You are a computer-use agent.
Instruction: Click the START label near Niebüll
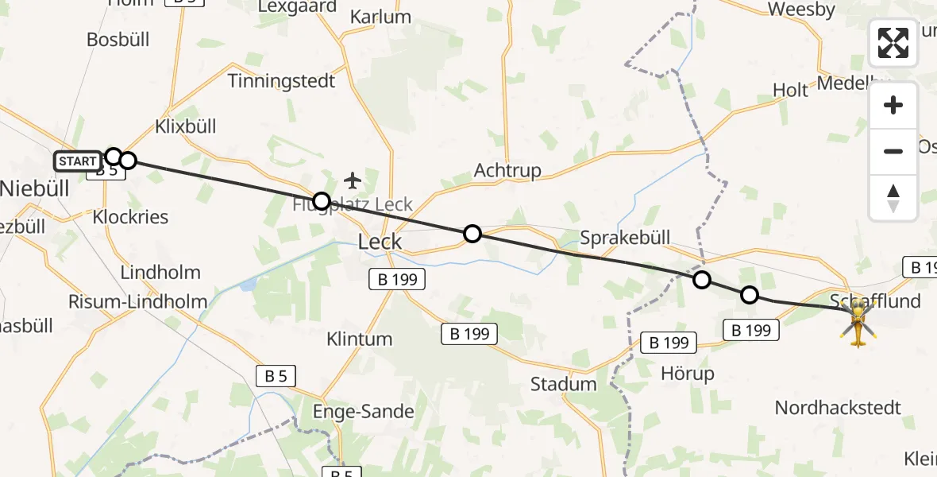pos(78,161)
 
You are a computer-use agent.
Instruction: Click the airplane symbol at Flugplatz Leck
pos(353,180)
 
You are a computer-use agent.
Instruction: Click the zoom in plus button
pos(893,105)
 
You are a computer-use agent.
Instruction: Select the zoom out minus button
pos(893,151)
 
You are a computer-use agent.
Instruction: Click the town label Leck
pos(380,242)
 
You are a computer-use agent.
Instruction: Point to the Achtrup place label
pos(507,170)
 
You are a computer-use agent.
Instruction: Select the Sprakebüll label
pos(625,237)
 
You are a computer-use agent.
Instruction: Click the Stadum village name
pos(564,384)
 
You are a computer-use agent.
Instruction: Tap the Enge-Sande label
pos(364,411)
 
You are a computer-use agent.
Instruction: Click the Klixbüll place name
pos(186,126)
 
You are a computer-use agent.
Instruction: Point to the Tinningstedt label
pos(281,80)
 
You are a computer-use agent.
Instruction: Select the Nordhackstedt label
pos(838,408)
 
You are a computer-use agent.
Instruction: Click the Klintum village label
pos(359,339)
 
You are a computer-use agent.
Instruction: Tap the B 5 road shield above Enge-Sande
pos(276,376)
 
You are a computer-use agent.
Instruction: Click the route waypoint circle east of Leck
pos(472,233)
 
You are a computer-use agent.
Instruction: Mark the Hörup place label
pos(687,373)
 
